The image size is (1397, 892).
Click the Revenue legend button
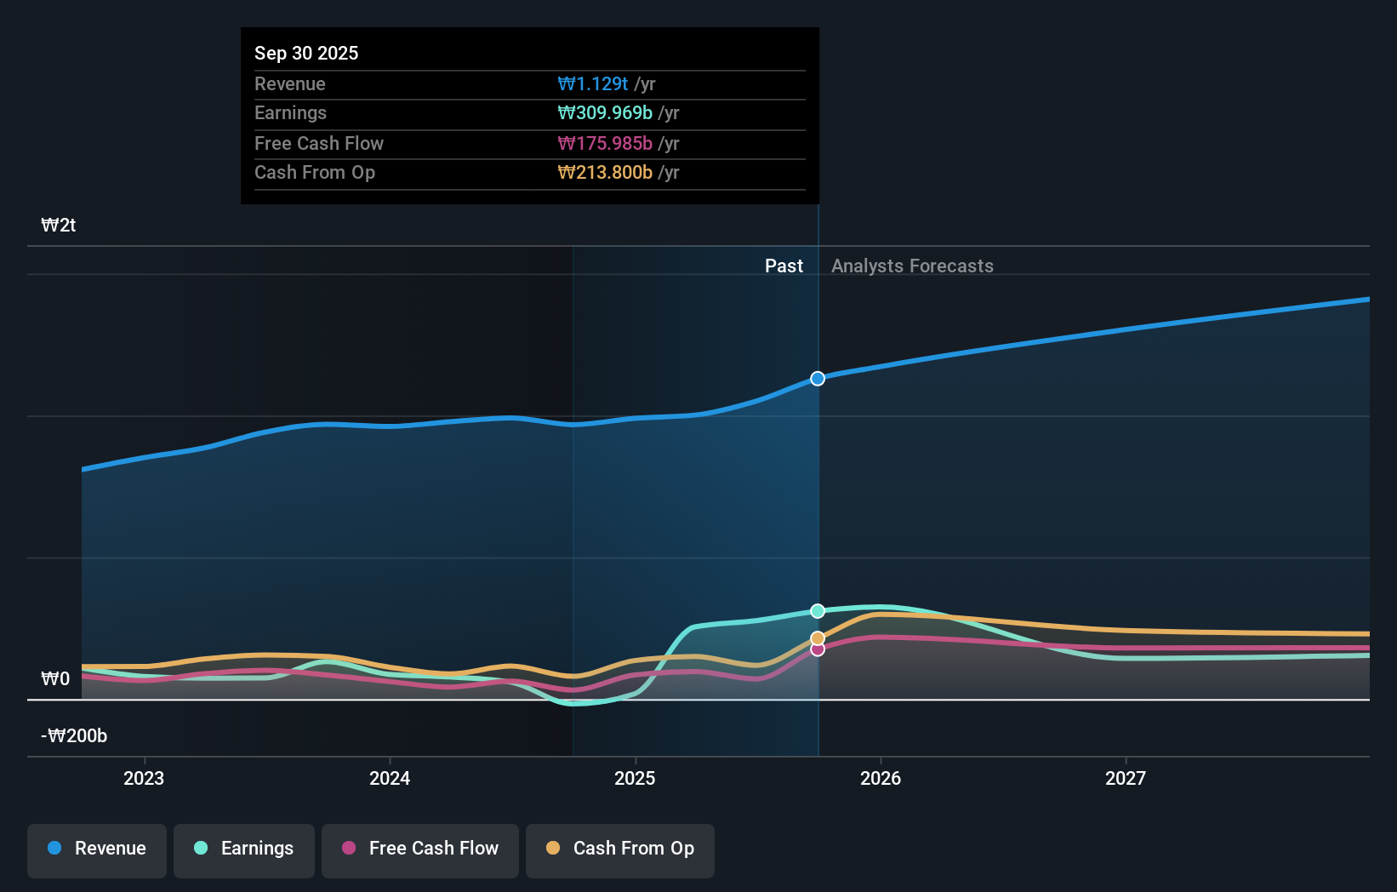pos(97,849)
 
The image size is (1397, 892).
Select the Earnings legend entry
pos(244,849)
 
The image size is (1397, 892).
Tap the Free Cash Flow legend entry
pos(420,849)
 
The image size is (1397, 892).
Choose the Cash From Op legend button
pos(620,849)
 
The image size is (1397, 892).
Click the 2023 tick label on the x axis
pos(144,778)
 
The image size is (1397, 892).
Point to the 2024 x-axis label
pos(390,778)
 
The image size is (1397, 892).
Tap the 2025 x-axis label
pos(635,778)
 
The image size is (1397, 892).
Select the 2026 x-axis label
pos(881,778)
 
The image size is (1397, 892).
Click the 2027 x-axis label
pos(1126,778)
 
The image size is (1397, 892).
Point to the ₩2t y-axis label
pos(59,226)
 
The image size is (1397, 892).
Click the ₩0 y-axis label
pos(55,679)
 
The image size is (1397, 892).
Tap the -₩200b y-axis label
pos(74,736)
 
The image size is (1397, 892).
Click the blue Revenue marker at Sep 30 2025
pos(818,379)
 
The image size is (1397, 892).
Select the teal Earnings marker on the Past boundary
pos(818,611)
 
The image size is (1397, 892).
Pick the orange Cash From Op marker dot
pos(818,638)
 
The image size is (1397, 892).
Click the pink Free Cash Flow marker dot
pos(818,649)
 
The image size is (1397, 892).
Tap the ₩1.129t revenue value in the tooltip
pos(593,84)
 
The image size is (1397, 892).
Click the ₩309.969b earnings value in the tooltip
pos(605,113)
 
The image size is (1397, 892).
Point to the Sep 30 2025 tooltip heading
pos(306,54)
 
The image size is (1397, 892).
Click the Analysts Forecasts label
pos(912,266)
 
